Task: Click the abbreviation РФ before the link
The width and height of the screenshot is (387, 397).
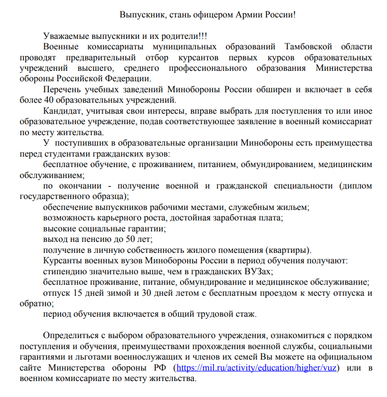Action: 160,368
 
